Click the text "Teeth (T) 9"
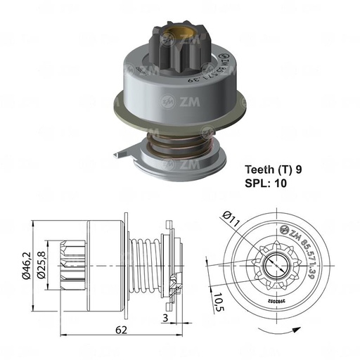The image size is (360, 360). click(274, 169)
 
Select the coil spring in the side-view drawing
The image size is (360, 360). click(143, 264)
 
